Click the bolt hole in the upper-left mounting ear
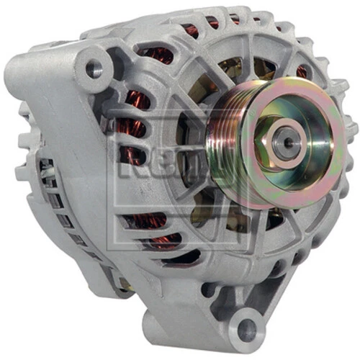click(x=94, y=69)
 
